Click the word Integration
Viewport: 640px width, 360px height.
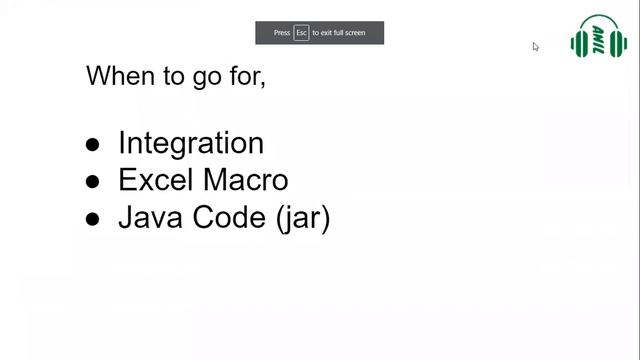point(190,143)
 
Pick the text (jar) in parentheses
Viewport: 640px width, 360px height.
point(302,218)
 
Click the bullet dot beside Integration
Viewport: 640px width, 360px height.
point(93,145)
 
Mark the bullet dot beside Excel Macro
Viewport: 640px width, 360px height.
point(93,182)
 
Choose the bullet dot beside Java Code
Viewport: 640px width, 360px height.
point(93,219)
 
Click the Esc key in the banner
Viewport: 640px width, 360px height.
point(301,33)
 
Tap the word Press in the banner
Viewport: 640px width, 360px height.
point(282,33)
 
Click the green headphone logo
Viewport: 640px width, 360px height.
point(598,39)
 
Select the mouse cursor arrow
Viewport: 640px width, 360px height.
point(536,46)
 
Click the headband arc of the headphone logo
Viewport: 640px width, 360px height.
point(598,20)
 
